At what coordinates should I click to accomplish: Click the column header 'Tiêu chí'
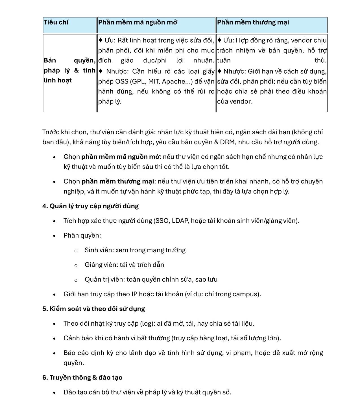tap(56, 22)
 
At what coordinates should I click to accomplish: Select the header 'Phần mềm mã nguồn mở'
tap(138, 22)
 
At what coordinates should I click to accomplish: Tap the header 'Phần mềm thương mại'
tap(253, 22)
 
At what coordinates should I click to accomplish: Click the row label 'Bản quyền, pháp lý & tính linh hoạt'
tap(69, 70)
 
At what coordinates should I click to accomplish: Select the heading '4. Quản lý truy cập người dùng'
tap(90, 206)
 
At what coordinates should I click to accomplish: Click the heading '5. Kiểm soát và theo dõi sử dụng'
tap(93, 309)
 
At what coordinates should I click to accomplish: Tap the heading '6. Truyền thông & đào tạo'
tap(82, 378)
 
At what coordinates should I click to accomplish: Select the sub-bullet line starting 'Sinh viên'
tap(135, 250)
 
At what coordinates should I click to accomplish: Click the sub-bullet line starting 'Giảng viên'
tap(124, 265)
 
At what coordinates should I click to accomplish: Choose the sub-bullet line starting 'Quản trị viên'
tap(151, 280)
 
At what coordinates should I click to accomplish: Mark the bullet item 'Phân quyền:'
tap(82, 236)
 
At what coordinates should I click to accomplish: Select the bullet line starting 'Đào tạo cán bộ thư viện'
tap(147, 393)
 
